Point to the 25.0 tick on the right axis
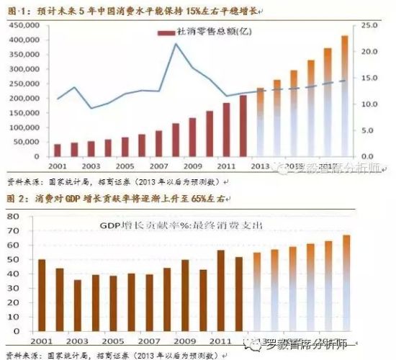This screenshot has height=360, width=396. [369, 24]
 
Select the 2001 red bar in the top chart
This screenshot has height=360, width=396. [58, 150]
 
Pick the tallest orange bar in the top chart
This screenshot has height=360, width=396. [344, 95]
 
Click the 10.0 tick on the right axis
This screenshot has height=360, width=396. [369, 104]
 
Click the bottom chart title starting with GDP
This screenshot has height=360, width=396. [180, 226]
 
